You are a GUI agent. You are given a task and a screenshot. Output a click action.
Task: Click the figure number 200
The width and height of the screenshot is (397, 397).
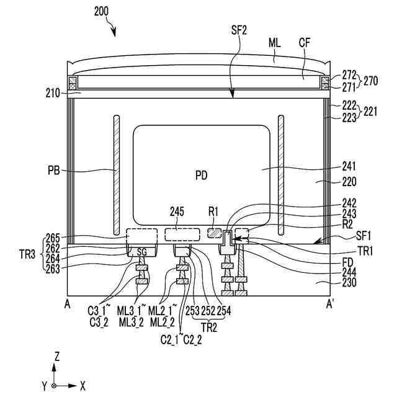pos(104,11)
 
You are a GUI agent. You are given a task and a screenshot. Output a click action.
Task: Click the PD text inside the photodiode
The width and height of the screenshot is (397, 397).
pos(201,176)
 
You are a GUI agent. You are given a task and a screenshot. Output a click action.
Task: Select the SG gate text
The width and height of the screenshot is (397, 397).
pos(142,252)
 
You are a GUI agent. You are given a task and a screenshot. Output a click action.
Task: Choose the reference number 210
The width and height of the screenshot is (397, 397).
pos(53,94)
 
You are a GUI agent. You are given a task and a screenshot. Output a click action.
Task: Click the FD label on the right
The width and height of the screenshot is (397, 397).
pos(349,262)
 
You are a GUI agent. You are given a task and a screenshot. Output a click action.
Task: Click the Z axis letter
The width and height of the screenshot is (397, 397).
pos(56,357)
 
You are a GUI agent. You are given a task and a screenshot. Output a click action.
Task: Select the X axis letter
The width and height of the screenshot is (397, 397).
pos(83,385)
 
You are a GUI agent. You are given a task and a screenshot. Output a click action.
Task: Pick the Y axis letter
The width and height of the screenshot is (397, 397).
pos(45,386)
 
